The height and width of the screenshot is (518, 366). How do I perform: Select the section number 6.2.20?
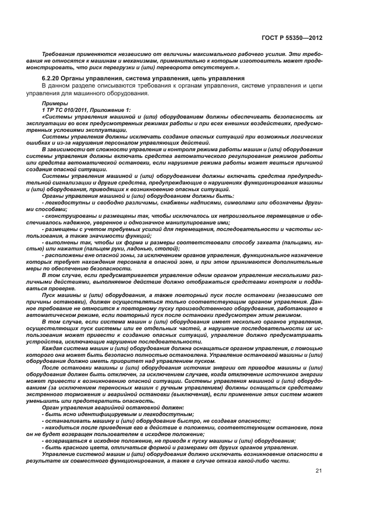[53, 79]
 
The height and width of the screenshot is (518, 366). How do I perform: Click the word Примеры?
[53, 104]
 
